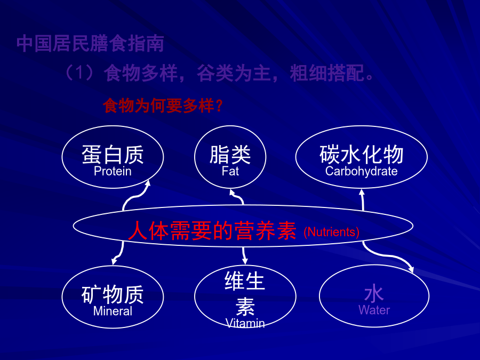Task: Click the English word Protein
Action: click(x=113, y=171)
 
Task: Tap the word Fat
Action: click(x=230, y=171)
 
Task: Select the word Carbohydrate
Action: click(x=361, y=171)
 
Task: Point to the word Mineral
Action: click(x=113, y=311)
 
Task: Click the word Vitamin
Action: click(x=245, y=323)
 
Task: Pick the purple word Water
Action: click(x=374, y=310)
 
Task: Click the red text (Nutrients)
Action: click(x=331, y=232)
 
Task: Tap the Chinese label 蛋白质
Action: click(x=113, y=155)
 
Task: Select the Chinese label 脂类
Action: click(x=230, y=155)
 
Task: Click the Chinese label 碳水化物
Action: click(x=361, y=155)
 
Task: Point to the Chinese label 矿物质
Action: click(x=113, y=294)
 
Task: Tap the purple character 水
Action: click(x=374, y=293)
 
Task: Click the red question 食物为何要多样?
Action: click(x=163, y=106)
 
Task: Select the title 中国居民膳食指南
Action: click(x=90, y=44)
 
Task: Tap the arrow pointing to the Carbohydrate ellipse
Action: click(x=363, y=200)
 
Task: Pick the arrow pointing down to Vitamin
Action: click(x=244, y=255)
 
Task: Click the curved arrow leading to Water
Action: click(x=386, y=255)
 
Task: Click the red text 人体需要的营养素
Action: click(x=212, y=230)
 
